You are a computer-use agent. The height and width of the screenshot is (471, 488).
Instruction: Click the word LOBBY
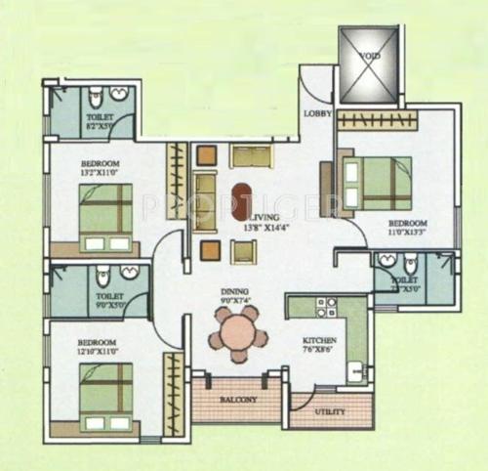point(316,113)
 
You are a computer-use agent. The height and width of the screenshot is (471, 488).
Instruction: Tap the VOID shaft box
point(368,64)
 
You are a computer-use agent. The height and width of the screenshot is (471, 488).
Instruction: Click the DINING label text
point(233,290)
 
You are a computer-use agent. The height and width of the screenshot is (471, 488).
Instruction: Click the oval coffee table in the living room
point(241,200)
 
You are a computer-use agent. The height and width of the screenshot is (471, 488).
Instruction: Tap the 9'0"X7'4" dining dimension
point(234,301)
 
